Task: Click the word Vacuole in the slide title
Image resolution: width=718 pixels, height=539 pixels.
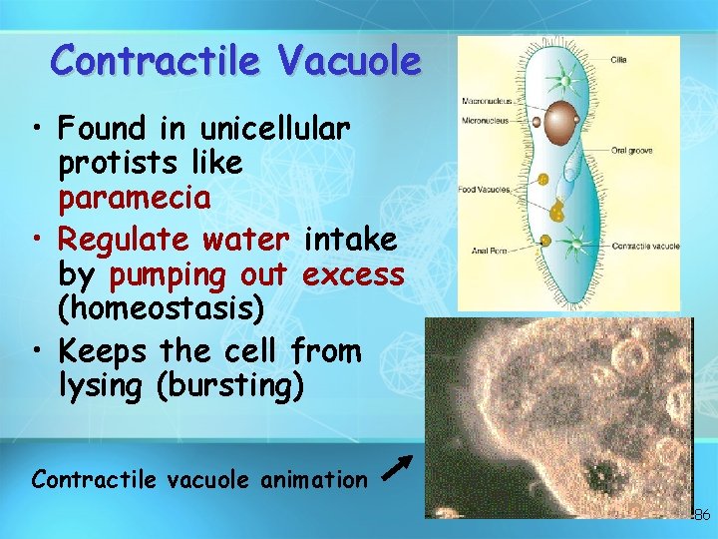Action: [350, 61]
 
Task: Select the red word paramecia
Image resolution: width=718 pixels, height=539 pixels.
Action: [135, 198]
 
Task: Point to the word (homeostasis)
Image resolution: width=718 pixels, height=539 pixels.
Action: [162, 308]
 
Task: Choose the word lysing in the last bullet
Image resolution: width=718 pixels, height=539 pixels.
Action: [100, 386]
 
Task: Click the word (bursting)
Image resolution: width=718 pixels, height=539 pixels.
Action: [228, 386]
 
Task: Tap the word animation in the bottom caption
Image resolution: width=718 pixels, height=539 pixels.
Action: [310, 480]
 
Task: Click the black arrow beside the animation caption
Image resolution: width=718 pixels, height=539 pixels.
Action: [397, 466]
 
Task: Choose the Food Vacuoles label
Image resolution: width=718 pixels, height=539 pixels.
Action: [484, 190]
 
